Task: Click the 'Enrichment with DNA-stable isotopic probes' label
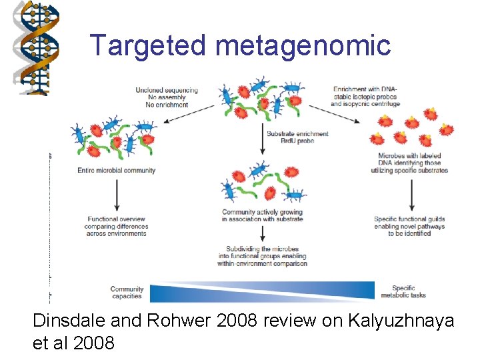(366, 97)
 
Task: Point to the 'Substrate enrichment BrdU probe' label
(297, 137)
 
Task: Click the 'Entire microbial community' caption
(117, 170)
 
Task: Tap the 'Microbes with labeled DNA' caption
(409, 163)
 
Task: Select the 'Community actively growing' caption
(262, 215)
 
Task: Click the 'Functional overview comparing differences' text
(117, 226)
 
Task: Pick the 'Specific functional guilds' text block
(409, 226)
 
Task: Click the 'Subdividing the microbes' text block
(262, 256)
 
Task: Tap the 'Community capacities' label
(127, 292)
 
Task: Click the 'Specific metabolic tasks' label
(403, 292)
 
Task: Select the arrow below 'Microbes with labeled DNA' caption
(411, 193)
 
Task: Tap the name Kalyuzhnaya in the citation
(401, 321)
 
